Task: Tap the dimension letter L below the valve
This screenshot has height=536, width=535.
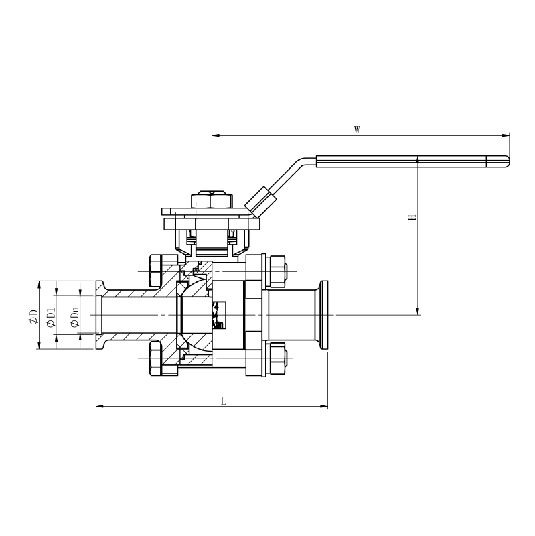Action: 224,401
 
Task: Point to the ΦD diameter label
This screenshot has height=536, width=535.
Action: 33,315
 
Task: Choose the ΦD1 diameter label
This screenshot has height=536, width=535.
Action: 51,315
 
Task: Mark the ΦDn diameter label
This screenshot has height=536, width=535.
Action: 74,315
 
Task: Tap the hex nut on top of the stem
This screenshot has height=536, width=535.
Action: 211,200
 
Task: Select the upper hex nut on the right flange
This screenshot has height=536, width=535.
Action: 277,271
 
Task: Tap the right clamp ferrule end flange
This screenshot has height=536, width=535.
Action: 325,315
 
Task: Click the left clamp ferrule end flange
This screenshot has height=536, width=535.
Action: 100,315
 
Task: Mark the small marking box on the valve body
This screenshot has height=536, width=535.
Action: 218,315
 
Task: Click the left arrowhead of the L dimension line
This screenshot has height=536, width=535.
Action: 99,406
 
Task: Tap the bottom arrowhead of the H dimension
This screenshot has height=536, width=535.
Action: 418,310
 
